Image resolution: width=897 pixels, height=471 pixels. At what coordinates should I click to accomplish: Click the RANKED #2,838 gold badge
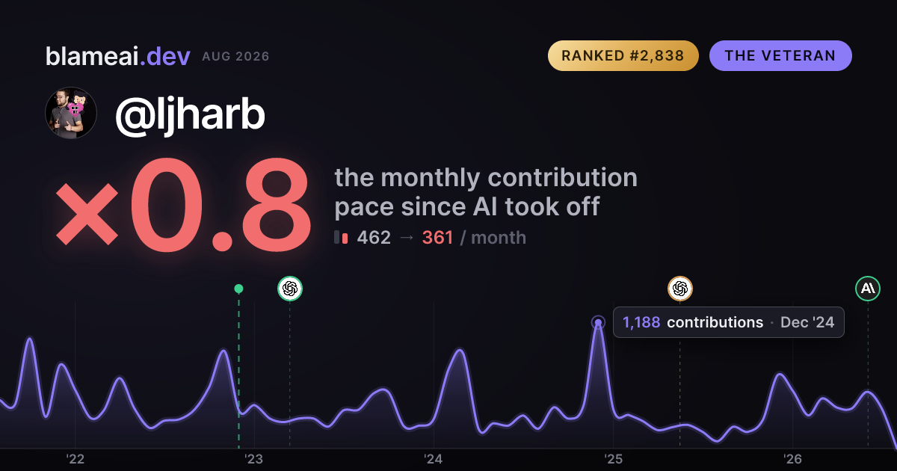[x=623, y=55]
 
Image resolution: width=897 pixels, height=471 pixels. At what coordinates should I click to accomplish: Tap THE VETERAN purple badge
[x=780, y=55]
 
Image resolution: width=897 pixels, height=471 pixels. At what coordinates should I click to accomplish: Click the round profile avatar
[x=71, y=113]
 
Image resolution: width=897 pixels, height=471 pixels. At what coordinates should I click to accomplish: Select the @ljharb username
[x=190, y=115]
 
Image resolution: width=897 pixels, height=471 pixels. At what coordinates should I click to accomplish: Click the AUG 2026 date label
[x=235, y=57]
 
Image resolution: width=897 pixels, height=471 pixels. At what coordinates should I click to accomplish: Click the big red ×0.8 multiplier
[x=183, y=205]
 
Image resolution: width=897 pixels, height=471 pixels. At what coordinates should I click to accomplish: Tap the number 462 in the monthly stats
[x=374, y=238]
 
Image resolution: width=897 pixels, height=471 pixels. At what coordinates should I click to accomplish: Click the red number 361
[x=438, y=238]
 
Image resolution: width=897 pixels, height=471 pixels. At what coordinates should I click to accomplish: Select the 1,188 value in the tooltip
[x=641, y=322]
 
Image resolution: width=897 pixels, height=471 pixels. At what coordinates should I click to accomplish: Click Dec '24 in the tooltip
[x=807, y=322]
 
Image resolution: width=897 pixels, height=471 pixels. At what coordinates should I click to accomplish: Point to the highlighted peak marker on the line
[x=598, y=322]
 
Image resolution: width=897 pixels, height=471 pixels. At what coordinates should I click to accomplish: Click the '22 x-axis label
[x=75, y=459]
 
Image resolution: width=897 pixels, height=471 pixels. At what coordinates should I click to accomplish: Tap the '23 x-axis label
[x=254, y=459]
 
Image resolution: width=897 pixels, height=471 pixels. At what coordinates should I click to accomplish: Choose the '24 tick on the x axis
[x=434, y=459]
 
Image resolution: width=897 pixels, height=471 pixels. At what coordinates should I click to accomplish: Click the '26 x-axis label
[x=792, y=459]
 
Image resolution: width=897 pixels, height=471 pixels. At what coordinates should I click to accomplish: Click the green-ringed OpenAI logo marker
[x=290, y=289]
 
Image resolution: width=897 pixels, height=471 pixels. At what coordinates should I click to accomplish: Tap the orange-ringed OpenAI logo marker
[x=680, y=289]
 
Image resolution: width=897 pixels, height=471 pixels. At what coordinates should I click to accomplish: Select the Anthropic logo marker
[x=868, y=289]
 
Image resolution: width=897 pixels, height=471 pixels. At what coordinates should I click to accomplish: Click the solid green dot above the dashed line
[x=238, y=289]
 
